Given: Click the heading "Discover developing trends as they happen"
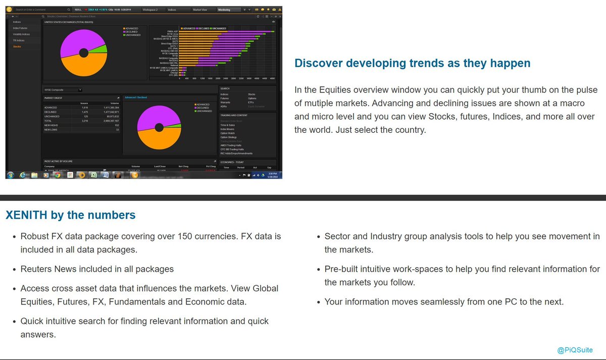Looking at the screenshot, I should pos(412,63).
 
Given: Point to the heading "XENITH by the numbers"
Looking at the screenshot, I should pos(70,215).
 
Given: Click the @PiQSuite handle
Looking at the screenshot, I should pos(575,349).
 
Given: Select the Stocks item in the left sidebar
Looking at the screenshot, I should pos(17,46).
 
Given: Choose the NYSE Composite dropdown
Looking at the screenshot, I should pos(63,90).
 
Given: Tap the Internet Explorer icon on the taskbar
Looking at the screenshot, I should pos(23,175).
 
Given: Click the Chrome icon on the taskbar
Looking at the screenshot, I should pos(58,175).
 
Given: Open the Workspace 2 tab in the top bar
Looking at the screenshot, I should pos(150,10).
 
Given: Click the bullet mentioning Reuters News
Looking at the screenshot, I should pos(97,269).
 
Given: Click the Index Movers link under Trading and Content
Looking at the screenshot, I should pos(227,129).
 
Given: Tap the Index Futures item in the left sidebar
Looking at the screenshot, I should pos(20,28).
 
